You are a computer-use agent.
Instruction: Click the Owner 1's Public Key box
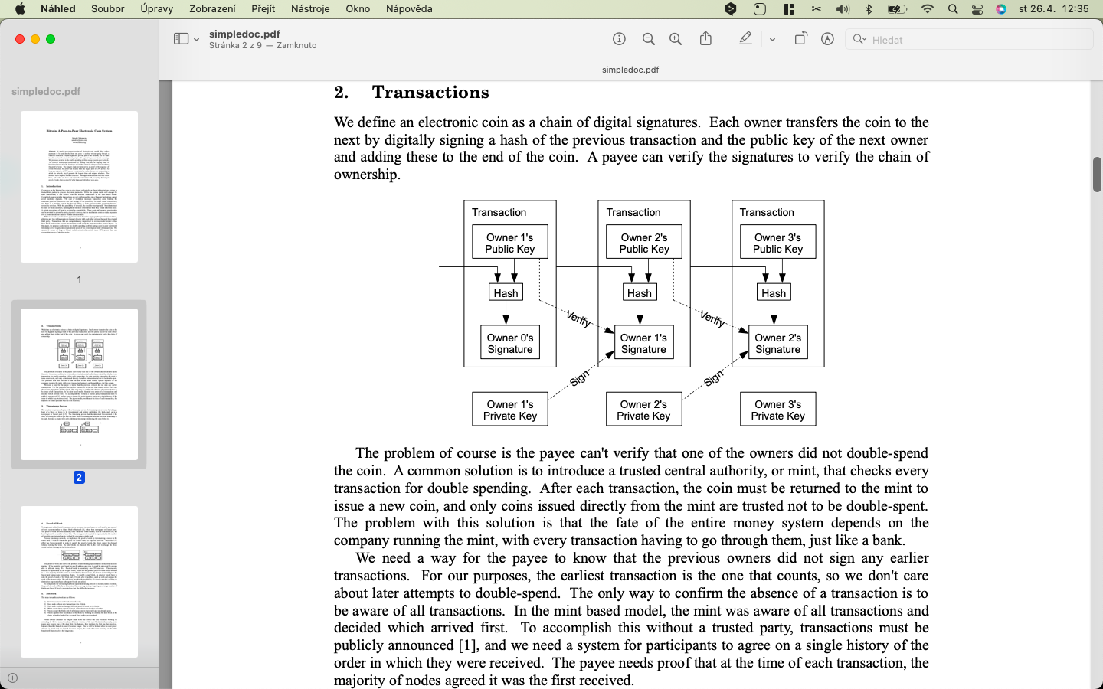coord(509,243)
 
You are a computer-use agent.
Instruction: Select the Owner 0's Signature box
coord(509,343)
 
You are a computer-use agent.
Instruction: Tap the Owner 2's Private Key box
coord(643,410)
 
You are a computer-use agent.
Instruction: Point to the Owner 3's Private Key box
coord(777,410)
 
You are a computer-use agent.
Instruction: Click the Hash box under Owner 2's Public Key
coord(639,292)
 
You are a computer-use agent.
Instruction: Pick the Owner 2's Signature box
coord(777,343)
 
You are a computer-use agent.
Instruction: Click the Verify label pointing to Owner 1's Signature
coord(578,318)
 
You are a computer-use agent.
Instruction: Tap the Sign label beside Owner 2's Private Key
coord(713,378)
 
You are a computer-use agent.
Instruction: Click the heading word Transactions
coord(430,93)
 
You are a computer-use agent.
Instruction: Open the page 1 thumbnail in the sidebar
coord(79,187)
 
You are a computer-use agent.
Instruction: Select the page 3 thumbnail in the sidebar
coord(79,582)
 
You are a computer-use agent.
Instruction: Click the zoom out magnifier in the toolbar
coord(649,39)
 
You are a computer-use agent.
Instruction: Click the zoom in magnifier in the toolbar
coord(676,39)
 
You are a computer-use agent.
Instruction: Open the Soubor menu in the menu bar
coord(107,9)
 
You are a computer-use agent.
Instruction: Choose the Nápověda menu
coord(409,9)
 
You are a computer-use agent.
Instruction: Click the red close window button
coord(20,39)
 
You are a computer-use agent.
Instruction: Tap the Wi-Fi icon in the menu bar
coord(928,9)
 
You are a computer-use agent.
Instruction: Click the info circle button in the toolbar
coord(620,39)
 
